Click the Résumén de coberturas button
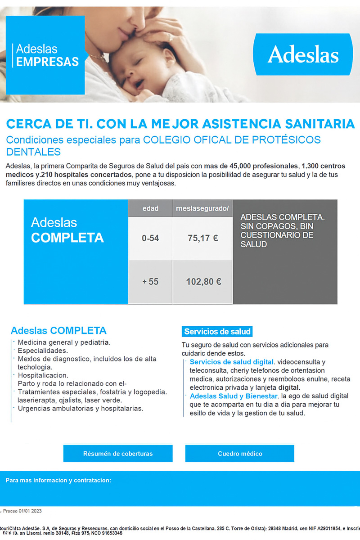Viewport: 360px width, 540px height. pos(118,454)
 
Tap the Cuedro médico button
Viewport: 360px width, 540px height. pos(240,454)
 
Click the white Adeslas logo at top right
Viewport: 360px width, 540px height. pos(303,55)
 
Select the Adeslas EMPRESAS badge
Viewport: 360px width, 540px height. pos(45,55)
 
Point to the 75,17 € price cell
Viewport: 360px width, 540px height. pos(202,238)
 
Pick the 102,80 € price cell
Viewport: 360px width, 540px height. pos(203,282)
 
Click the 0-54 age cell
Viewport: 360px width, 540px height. pos(150,238)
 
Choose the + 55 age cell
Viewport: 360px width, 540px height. pos(150,282)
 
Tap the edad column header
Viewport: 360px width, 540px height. pos(150,209)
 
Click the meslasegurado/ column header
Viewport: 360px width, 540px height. pos(202,209)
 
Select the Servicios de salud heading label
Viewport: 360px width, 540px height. pos(217,332)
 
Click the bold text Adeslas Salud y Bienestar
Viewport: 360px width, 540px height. pos(233,396)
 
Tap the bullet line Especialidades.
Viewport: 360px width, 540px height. pos(43,351)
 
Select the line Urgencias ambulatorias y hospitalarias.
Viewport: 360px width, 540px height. pos(80,409)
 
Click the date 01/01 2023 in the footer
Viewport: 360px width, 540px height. pos(30,511)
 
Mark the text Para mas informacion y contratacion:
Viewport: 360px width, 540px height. pos(58,481)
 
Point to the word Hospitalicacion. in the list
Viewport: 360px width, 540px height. pos(43,375)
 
